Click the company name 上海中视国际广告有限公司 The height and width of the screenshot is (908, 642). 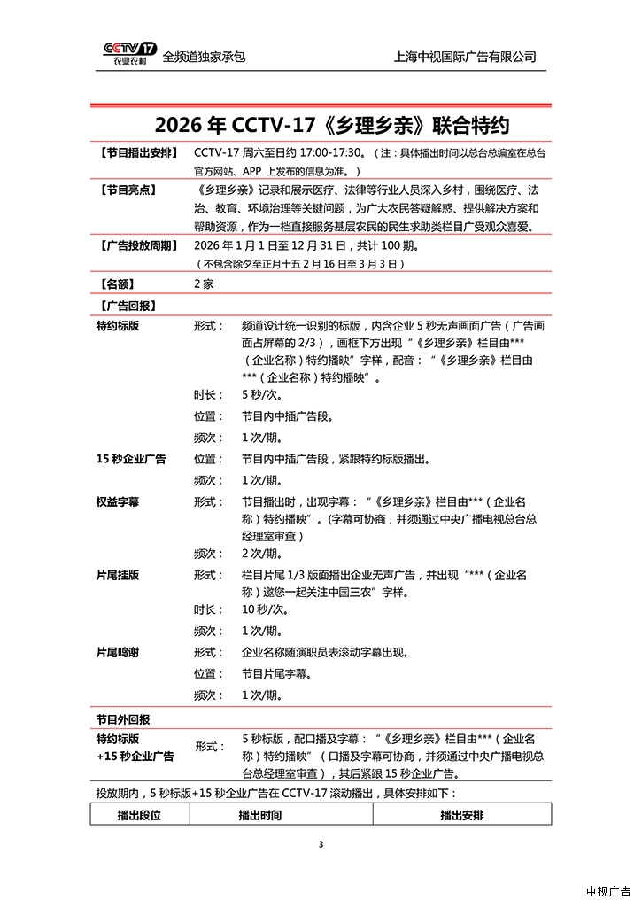click(x=465, y=57)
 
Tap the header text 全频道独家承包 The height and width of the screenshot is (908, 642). click(x=204, y=57)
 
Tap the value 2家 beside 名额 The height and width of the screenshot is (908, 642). click(x=204, y=284)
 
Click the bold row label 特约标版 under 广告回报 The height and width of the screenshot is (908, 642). click(x=117, y=326)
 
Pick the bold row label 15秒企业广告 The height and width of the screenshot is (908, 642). click(x=131, y=459)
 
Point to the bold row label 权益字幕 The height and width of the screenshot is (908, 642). click(x=117, y=501)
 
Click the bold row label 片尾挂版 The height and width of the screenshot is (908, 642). click(x=117, y=575)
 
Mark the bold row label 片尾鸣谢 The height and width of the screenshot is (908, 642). click(x=117, y=652)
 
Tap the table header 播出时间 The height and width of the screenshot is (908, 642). click(x=260, y=815)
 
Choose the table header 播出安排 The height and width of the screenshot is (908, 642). click(x=462, y=815)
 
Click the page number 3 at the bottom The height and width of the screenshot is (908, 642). click(x=321, y=844)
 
